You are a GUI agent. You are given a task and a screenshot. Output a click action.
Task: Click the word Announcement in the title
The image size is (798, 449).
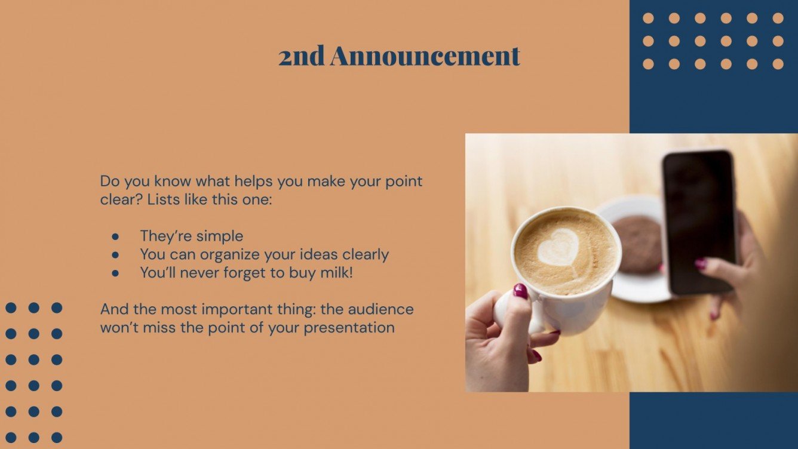click(425, 56)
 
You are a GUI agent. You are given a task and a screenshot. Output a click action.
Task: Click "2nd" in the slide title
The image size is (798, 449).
click(302, 56)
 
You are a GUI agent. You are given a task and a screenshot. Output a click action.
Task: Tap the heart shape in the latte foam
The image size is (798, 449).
click(558, 247)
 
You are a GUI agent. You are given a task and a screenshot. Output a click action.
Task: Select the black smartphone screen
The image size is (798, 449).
click(699, 221)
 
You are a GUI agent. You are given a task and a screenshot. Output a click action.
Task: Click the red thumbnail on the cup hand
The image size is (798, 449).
click(520, 291)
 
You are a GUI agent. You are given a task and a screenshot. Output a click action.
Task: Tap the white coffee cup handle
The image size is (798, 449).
click(508, 310)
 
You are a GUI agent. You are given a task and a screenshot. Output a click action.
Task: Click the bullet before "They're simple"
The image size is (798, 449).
click(116, 236)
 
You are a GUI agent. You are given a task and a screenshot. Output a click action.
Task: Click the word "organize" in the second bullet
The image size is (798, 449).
click(229, 255)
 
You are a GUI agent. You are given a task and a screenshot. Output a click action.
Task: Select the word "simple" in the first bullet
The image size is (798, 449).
click(220, 236)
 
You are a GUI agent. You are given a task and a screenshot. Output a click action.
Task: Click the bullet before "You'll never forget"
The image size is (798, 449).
click(116, 273)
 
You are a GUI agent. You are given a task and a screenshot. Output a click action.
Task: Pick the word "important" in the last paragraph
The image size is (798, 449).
click(233, 309)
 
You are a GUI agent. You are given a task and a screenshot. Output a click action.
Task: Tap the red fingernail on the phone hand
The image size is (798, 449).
click(700, 263)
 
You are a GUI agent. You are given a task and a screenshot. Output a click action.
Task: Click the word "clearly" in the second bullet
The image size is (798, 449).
click(366, 255)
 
